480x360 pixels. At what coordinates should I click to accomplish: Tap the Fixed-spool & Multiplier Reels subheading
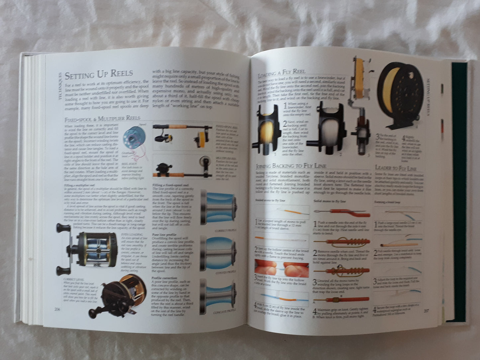(102, 118)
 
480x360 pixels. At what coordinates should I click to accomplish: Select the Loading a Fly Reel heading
(282, 73)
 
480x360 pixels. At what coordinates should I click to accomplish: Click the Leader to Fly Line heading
(395, 168)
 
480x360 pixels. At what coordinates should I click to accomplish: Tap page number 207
(427, 311)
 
